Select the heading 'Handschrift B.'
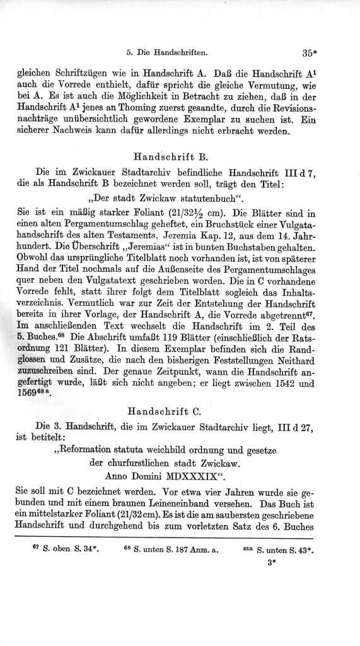(x=167, y=155)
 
